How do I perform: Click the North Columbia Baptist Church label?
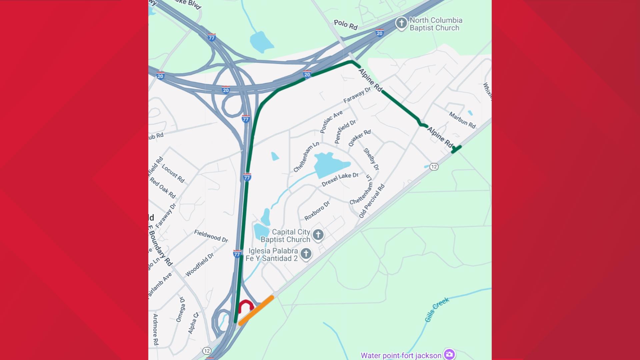[436, 24]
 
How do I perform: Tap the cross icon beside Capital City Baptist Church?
[318, 235]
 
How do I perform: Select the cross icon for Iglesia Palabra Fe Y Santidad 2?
[306, 254]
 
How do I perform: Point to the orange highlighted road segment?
[256, 310]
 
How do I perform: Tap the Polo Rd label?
[346, 25]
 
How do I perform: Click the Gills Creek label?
[437, 310]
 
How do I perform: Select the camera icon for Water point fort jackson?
[449, 354]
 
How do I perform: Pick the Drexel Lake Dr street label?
[340, 180]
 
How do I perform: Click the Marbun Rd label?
[462, 120]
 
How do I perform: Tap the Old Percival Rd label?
[372, 201]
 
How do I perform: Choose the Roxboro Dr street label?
[317, 210]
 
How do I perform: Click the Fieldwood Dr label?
[211, 236]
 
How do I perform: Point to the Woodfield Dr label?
[199, 265]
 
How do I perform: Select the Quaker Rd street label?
[359, 138]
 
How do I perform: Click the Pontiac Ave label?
[331, 122]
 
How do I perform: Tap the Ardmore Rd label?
[156, 329]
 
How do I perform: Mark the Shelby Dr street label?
[371, 159]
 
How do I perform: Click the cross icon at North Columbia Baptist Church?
[402, 23]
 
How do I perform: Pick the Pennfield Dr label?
[345, 131]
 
